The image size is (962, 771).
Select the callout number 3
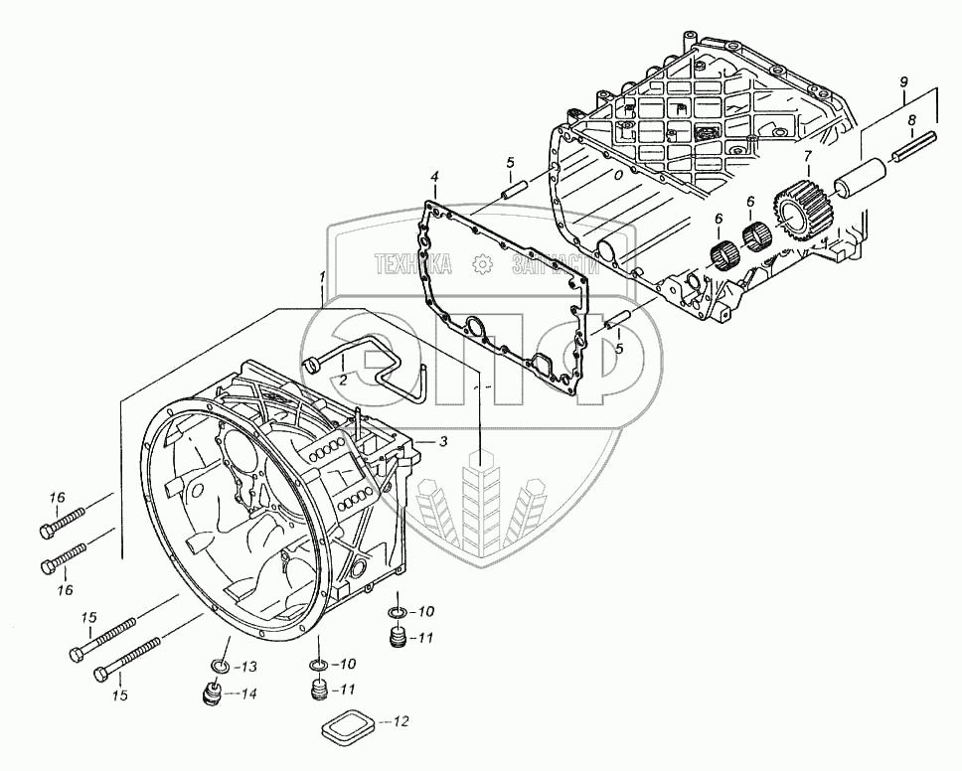pos(443,440)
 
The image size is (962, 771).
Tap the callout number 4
pos(433,178)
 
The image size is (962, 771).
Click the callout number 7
pos(808,156)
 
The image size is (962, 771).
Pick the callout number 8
pos(911,120)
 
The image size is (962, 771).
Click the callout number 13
pos(249,666)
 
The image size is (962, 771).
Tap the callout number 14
pos(249,694)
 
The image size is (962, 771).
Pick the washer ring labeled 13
pos(220,665)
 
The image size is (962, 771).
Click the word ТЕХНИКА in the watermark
pos(412,263)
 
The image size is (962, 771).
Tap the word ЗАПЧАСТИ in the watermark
pos(555,263)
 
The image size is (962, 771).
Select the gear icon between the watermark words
pos(482,263)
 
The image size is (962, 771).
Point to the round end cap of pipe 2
pos(310,365)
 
